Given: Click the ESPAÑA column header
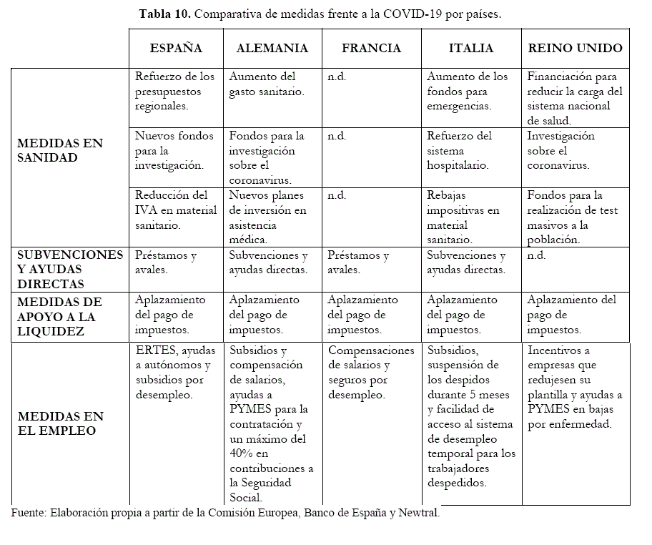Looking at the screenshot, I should click(x=176, y=49).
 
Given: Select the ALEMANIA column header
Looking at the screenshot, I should click(x=272, y=49).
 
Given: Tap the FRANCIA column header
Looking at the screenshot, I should click(x=371, y=49).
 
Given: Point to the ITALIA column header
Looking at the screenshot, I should click(x=470, y=49).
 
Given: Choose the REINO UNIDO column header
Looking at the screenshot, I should click(x=575, y=49).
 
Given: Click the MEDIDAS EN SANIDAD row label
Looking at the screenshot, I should click(x=60, y=150).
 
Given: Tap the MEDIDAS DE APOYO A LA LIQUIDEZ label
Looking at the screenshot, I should click(x=60, y=316).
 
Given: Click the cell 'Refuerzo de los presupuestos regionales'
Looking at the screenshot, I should click(x=174, y=91).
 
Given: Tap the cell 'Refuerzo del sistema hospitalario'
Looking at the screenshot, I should click(x=459, y=150).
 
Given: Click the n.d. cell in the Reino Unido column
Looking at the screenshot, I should click(x=537, y=255).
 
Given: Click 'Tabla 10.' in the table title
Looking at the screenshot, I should click(x=164, y=14).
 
